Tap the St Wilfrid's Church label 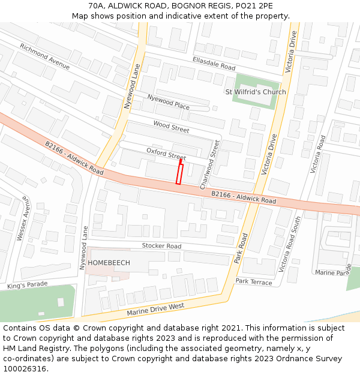255,92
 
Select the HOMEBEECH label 109,263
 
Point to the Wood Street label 171,127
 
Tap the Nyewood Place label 169,102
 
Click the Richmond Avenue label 44,56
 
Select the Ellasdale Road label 214,63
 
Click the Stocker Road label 161,246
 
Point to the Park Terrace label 253,281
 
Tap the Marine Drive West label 155,310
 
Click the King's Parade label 26,286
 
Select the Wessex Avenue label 22,218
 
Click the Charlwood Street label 209,165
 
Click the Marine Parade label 334,272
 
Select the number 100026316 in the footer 25,369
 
